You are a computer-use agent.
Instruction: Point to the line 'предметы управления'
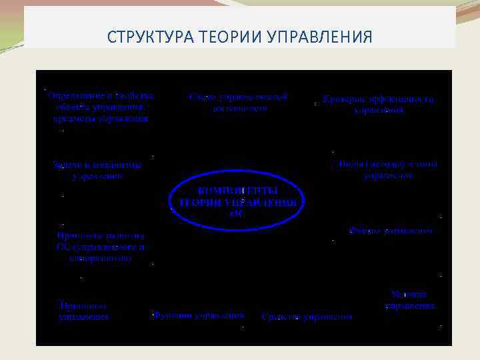pyautogui.click(x=101, y=119)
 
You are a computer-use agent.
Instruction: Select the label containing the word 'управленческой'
pyautogui.click(x=239, y=102)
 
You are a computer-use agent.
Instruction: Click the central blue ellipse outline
pyautogui.click(x=173, y=200)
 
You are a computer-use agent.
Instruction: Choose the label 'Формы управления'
pyautogui.click(x=390, y=231)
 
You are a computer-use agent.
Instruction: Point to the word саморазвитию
pyautogui.click(x=101, y=257)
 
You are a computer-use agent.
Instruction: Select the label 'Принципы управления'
pyautogui.click(x=83, y=311)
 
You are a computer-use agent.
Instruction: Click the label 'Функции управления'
pyautogui.click(x=198, y=315)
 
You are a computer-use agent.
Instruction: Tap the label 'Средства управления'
pyautogui.click(x=307, y=317)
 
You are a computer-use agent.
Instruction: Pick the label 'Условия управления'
pyautogui.click(x=410, y=300)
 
